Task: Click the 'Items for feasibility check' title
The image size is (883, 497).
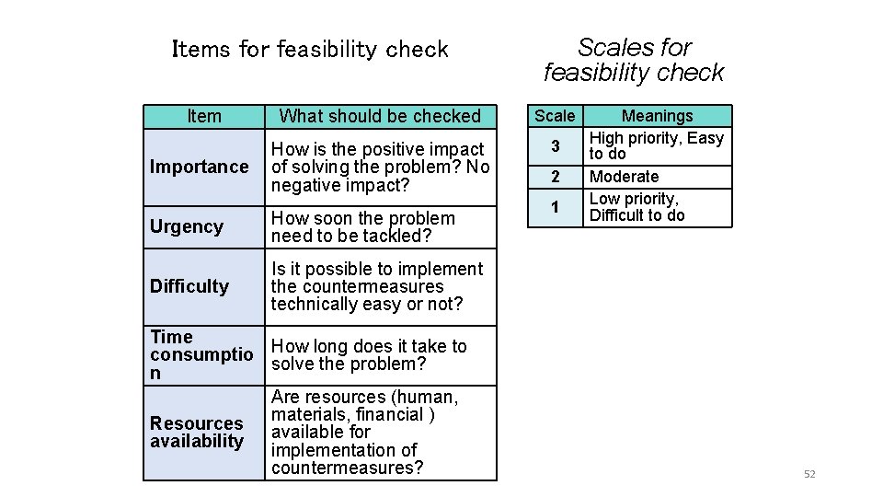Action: click(310, 49)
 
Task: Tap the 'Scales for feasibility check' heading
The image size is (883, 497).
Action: click(634, 60)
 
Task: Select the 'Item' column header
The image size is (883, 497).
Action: click(203, 116)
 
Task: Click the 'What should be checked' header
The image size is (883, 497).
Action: click(380, 116)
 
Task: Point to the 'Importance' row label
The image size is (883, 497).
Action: click(199, 167)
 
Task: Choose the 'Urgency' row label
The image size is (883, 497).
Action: click(187, 226)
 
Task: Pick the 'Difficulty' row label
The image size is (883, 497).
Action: click(189, 286)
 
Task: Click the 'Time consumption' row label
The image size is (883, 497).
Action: click(201, 354)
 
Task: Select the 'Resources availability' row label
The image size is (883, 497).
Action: click(197, 432)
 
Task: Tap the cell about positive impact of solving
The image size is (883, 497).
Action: click(380, 167)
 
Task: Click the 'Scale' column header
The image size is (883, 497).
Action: click(555, 116)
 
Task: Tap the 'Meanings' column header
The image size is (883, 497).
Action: click(657, 116)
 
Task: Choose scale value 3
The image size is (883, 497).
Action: click(555, 146)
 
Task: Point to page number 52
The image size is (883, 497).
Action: click(809, 474)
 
